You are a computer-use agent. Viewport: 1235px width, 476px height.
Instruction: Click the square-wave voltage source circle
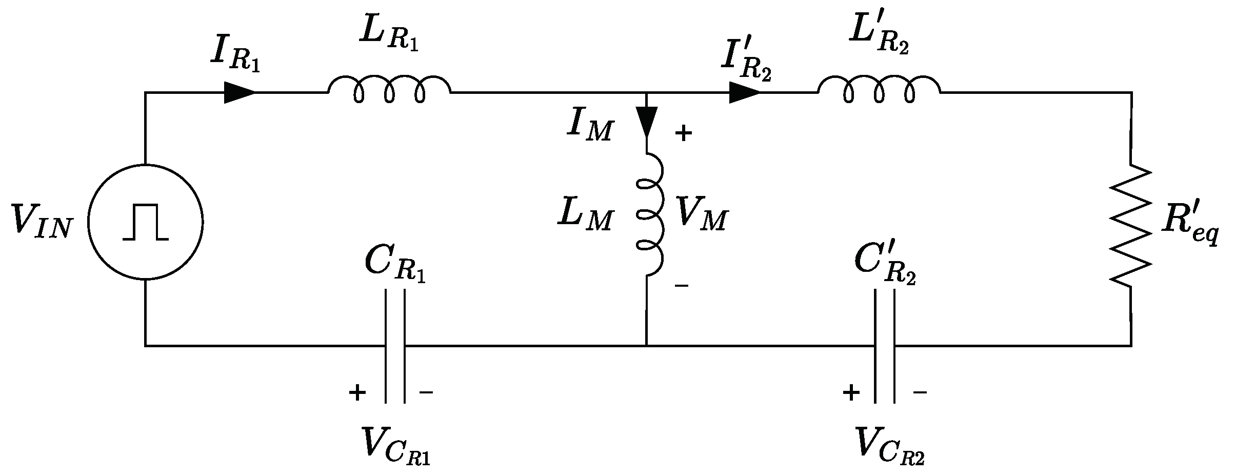click(x=146, y=222)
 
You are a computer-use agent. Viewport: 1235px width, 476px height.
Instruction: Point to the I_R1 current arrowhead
click(x=239, y=93)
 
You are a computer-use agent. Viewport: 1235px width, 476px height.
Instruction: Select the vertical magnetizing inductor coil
click(x=650, y=214)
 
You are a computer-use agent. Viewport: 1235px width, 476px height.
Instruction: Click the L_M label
click(x=585, y=214)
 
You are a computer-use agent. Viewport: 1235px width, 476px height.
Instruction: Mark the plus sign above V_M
click(x=683, y=134)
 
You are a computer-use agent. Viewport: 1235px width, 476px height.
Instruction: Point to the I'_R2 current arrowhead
click(x=744, y=93)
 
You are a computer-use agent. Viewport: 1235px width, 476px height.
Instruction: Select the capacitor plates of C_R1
click(x=395, y=347)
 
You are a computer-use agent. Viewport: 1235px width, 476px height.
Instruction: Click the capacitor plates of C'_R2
click(x=885, y=347)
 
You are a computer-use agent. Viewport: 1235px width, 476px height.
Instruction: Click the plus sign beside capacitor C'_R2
click(x=850, y=393)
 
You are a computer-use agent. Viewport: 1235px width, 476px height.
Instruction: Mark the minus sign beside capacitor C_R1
click(x=426, y=393)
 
